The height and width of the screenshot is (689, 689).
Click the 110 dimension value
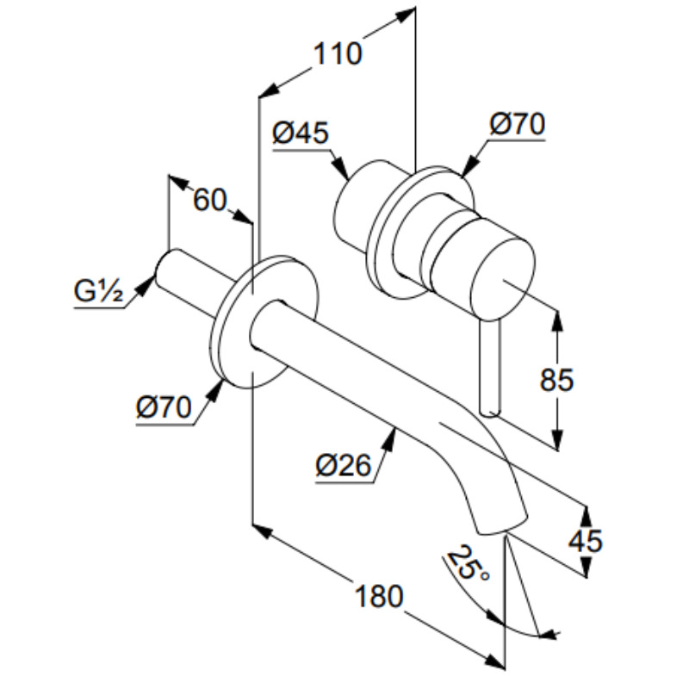point(337,55)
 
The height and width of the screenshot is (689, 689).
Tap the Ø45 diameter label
point(301,133)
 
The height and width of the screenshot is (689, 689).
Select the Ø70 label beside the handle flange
point(518,125)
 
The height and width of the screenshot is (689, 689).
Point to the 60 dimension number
point(209,200)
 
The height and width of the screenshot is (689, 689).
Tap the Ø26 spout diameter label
point(343,466)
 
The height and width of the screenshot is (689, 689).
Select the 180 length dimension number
point(378,595)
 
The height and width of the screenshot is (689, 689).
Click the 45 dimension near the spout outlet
point(586,541)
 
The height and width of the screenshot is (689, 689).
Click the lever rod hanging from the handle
point(488,370)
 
